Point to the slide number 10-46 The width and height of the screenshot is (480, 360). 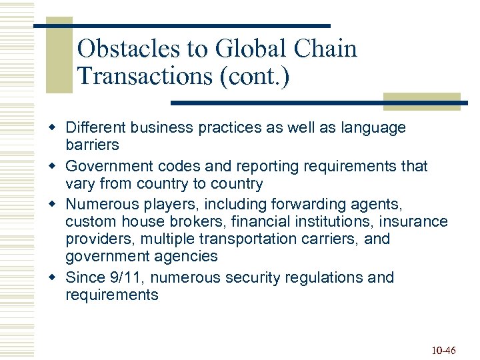[x=443, y=350]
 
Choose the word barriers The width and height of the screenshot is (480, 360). [x=92, y=145]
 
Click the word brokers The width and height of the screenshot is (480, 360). [x=173, y=221]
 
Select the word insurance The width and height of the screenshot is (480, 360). [x=414, y=221]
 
